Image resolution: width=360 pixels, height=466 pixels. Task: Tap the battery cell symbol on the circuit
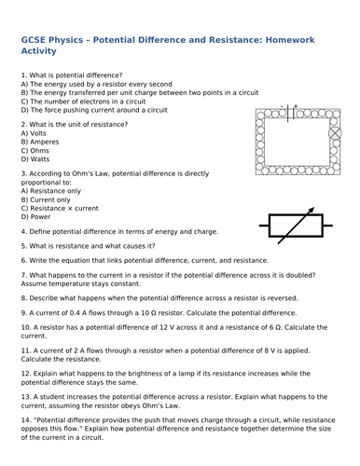tap(290, 112)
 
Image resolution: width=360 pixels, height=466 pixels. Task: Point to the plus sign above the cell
tap(296, 105)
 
